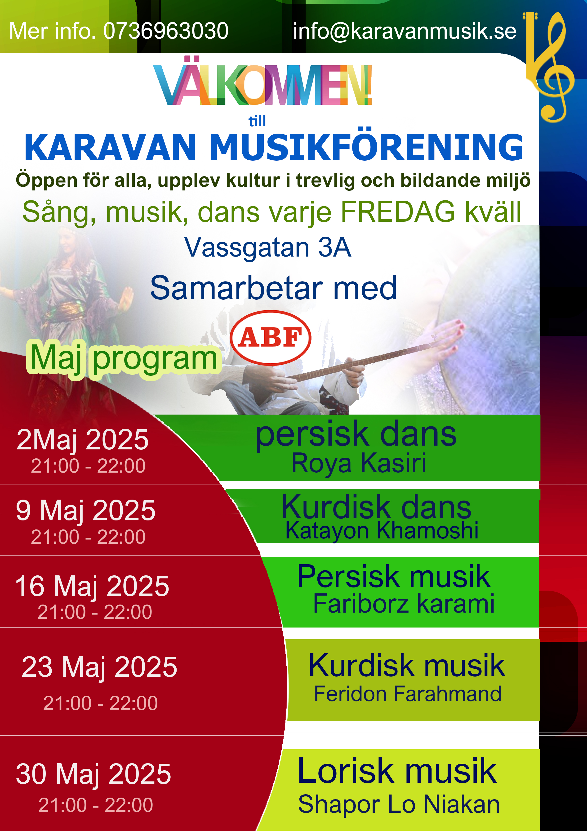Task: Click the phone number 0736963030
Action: (166, 31)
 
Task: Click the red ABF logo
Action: (271, 338)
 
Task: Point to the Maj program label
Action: (123, 358)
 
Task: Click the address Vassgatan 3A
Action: (268, 248)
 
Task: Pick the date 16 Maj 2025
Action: (92, 586)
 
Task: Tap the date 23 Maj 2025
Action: (99, 667)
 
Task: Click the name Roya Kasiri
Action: (359, 464)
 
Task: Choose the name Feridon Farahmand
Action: (408, 694)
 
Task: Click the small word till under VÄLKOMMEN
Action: (257, 121)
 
